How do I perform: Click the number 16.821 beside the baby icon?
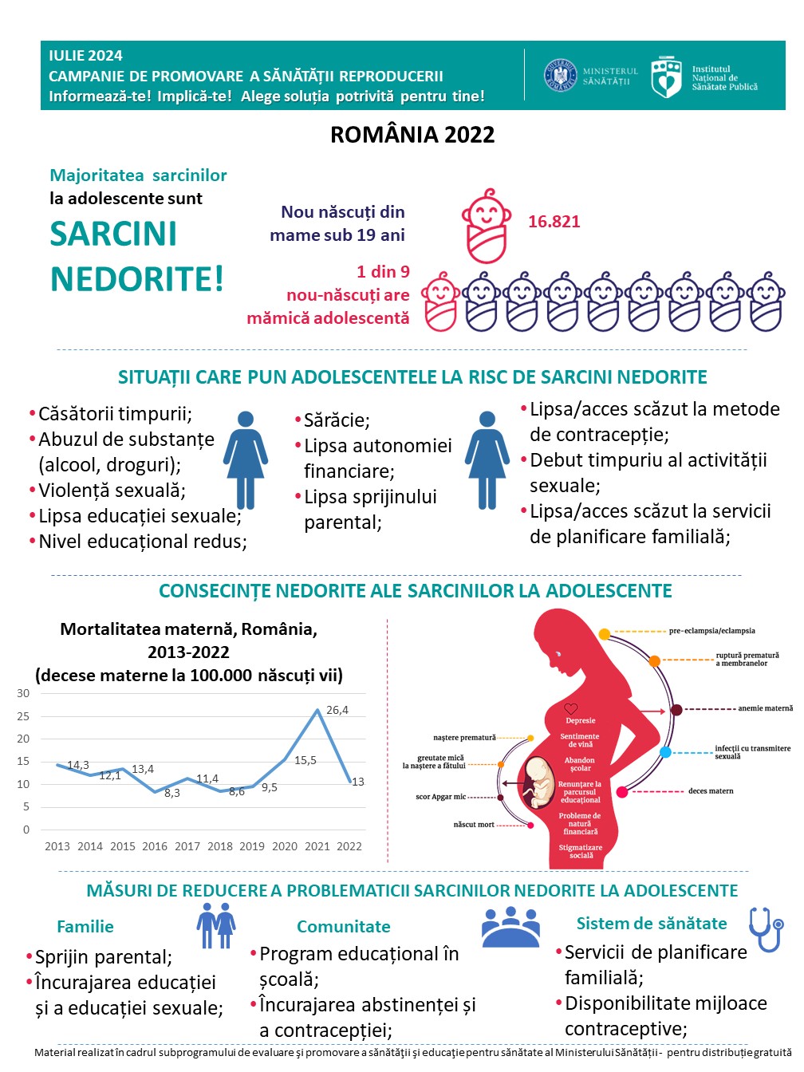tap(554, 222)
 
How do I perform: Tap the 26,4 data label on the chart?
tap(337, 710)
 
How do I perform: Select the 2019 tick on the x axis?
tap(252, 846)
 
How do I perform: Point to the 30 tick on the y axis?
tap(23, 693)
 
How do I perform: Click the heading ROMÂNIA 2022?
tap(412, 134)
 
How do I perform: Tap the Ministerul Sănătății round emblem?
tap(561, 76)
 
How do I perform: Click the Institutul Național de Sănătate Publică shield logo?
tap(666, 77)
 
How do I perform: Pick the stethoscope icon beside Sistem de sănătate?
tap(766, 928)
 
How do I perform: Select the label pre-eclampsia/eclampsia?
tap(711, 631)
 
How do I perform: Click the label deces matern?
tap(711, 791)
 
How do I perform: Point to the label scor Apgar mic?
tap(440, 797)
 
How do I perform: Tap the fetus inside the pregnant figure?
tap(539, 782)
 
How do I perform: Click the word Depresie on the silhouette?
tap(580, 720)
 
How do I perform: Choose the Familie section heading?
tap(85, 926)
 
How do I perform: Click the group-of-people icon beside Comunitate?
tap(510, 927)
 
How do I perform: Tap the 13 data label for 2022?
tap(358, 782)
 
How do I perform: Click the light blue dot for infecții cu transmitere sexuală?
tap(665, 752)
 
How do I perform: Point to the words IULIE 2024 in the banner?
tap(85, 56)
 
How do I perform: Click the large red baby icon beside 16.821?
tap(486, 227)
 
